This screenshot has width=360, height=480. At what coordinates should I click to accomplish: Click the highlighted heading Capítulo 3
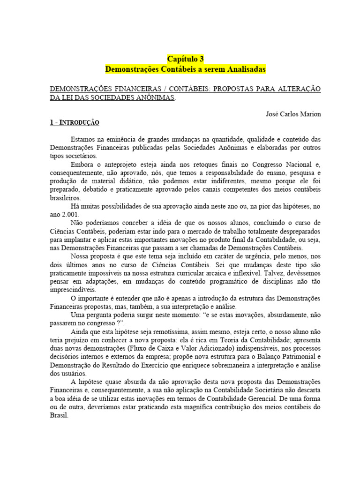pos(186,59)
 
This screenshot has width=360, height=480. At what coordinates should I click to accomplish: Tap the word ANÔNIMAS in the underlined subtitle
pos(158,97)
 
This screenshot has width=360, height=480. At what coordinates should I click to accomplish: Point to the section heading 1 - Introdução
pos(75,122)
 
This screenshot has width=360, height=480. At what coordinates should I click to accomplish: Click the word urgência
pos(258,256)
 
